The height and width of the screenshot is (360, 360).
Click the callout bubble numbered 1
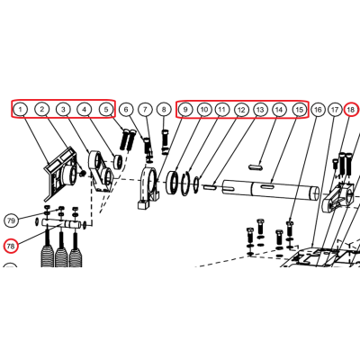click(x=21, y=109)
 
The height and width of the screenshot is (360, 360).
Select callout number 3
click(x=63, y=109)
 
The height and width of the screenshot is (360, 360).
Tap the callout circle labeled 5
click(x=106, y=109)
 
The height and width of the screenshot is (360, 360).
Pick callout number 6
click(x=126, y=110)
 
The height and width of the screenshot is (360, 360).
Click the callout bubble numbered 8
click(x=164, y=110)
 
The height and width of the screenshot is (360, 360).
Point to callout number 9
click(x=185, y=110)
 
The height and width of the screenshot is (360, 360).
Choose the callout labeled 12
click(x=241, y=110)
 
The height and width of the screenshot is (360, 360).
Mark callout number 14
click(x=279, y=110)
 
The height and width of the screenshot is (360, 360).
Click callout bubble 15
click(x=300, y=110)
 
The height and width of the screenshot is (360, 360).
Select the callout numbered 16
click(x=318, y=110)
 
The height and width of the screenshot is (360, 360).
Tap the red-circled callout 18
click(x=350, y=110)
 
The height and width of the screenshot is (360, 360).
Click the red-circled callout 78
click(x=11, y=247)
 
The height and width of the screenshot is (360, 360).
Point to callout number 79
click(x=11, y=221)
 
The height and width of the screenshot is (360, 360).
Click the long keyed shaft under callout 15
click(x=270, y=191)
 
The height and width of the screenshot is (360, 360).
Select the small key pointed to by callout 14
click(x=256, y=166)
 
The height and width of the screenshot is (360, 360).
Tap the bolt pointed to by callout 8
click(x=164, y=141)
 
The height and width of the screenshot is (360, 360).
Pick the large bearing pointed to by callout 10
click(x=173, y=183)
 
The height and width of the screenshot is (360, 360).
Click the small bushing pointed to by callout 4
click(x=118, y=162)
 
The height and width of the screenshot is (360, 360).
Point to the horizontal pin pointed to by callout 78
click(x=62, y=224)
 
